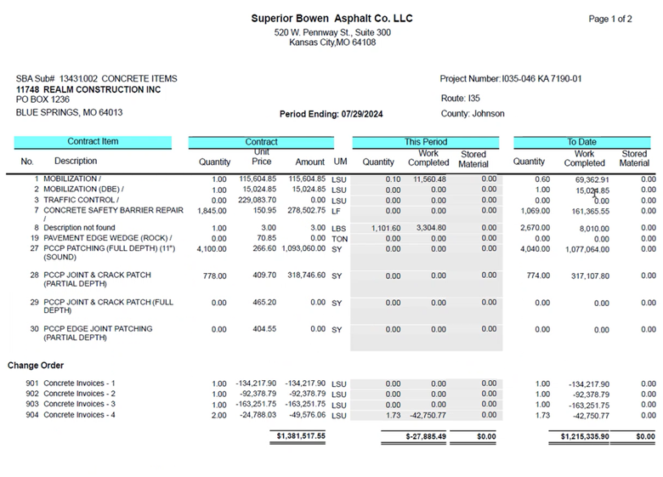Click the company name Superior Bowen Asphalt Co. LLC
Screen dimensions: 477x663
click(x=331, y=19)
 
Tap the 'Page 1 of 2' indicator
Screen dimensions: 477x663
click(x=609, y=19)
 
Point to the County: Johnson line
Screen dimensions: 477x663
click(x=473, y=113)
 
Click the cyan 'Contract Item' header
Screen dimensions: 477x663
click(x=93, y=142)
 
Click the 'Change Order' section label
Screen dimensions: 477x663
click(x=37, y=366)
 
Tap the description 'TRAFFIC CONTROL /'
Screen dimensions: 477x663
click(x=80, y=199)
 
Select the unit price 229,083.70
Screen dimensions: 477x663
click(x=256, y=200)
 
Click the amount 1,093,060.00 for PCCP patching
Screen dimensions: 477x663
click(x=295, y=249)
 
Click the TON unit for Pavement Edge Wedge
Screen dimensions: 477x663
click(x=340, y=239)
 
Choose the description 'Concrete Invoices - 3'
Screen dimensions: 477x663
click(x=79, y=404)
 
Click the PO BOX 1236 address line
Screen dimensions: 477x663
click(x=43, y=99)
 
